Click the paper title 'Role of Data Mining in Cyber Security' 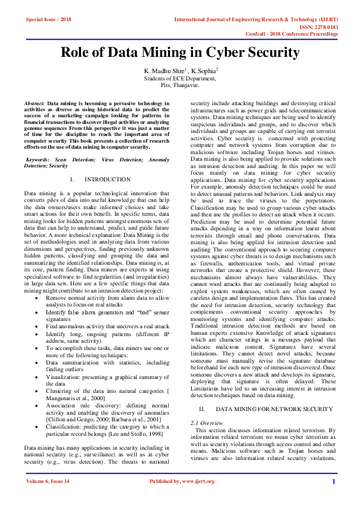click(180, 53)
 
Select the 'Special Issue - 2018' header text click(48, 19)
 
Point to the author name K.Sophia click(203, 71)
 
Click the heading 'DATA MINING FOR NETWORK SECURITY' click(274, 409)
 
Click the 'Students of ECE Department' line click(180, 79)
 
